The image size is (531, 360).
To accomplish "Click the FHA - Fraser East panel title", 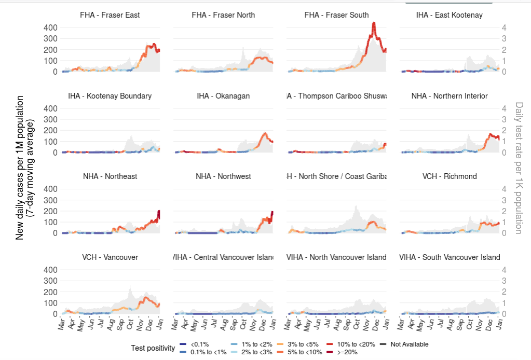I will [x=110, y=15].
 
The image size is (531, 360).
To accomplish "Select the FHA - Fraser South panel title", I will [x=336, y=15].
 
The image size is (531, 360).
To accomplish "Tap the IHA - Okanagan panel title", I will [x=223, y=96].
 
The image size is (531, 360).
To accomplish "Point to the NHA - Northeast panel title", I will [x=110, y=176].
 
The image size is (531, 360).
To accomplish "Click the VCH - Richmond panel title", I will [x=450, y=176].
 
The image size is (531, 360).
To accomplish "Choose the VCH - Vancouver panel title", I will [x=110, y=257].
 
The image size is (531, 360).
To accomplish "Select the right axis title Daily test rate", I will [x=519, y=167].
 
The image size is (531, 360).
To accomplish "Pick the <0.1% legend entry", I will [x=189, y=344].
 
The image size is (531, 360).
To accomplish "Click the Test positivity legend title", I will [x=153, y=348].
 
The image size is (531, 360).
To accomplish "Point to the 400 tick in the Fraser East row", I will [x=50, y=27].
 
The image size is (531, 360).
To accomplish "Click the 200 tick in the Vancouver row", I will [x=50, y=292].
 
